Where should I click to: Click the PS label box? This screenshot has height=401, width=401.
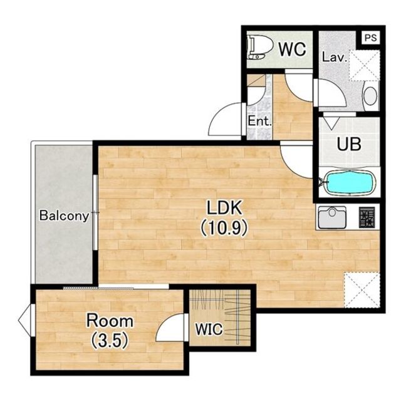click(x=370, y=38)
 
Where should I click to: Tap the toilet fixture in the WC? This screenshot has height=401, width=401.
click(x=256, y=48)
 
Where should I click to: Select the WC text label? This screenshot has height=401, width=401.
click(x=293, y=49)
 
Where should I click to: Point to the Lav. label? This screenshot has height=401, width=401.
click(x=335, y=57)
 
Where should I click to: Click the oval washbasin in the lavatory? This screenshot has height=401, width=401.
click(x=370, y=96)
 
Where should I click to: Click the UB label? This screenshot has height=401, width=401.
click(x=349, y=144)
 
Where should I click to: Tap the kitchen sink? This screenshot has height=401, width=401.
click(x=332, y=217)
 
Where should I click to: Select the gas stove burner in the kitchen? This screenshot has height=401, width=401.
click(x=367, y=217)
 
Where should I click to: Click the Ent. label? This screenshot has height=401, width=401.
click(x=259, y=121)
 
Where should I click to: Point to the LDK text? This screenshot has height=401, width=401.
click(x=224, y=207)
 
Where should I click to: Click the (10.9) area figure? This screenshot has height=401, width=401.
click(x=224, y=227)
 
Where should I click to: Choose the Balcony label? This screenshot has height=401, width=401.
click(x=64, y=216)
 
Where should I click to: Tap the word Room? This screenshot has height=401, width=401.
click(x=110, y=321)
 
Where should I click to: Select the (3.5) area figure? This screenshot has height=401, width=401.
click(x=110, y=341)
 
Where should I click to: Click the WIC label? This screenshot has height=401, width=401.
click(x=209, y=329)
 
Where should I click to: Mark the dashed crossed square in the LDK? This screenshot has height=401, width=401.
click(x=362, y=290)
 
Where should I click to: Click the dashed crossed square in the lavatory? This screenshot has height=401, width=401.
click(x=364, y=65)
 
